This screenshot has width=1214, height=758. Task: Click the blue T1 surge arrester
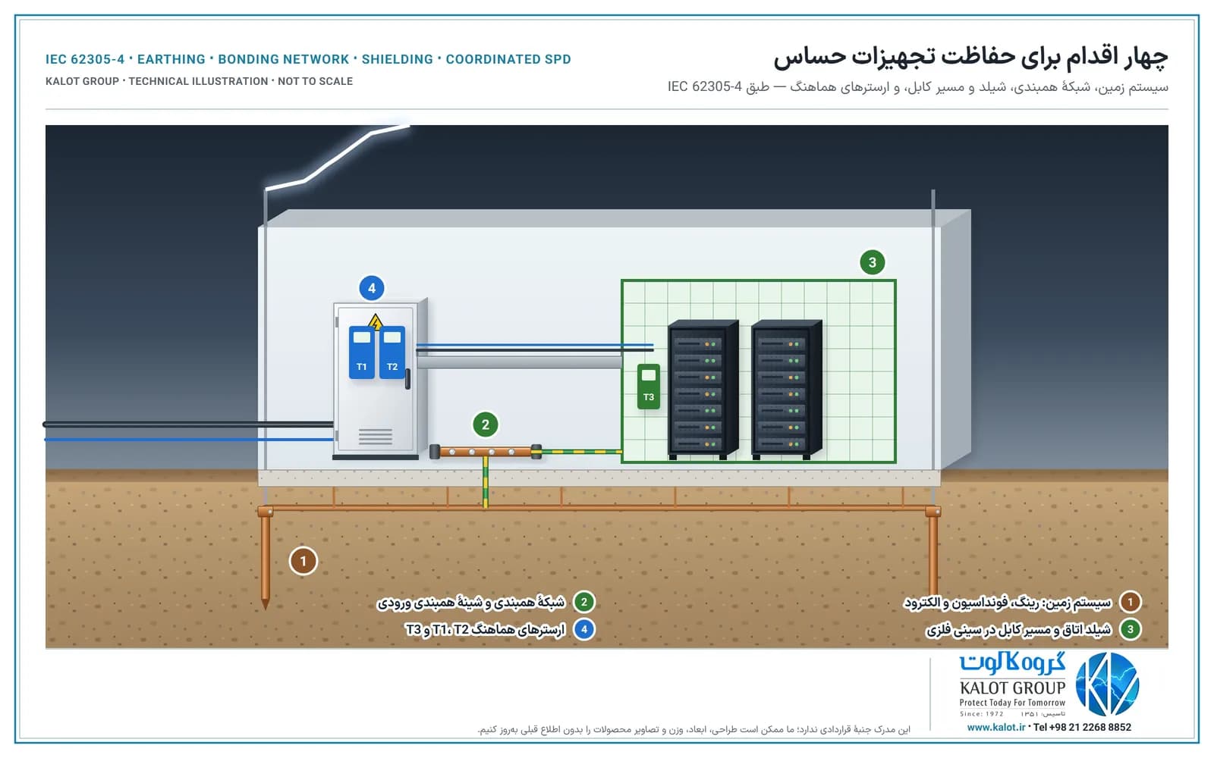361,352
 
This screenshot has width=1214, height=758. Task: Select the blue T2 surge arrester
392,352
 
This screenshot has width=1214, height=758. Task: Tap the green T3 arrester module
648,386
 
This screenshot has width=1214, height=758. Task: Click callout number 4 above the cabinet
372,288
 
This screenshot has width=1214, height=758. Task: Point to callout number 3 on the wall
872,262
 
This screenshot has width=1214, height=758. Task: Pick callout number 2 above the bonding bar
485,424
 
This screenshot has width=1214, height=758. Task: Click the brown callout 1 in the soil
303,561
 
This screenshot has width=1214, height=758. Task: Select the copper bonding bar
486,452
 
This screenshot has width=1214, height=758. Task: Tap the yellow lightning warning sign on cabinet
375,321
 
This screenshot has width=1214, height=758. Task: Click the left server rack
703,389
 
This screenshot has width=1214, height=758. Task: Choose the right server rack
786,389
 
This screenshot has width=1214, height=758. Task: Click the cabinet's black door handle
407,378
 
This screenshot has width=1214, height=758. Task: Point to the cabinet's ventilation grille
375,437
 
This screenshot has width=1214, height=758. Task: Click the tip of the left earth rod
265,609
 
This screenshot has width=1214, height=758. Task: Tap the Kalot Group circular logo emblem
1107,684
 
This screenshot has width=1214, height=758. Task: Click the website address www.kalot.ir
995,727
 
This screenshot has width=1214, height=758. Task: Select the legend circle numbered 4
583,629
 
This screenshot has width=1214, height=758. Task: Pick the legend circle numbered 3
1130,629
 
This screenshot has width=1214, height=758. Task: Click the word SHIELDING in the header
398,59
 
